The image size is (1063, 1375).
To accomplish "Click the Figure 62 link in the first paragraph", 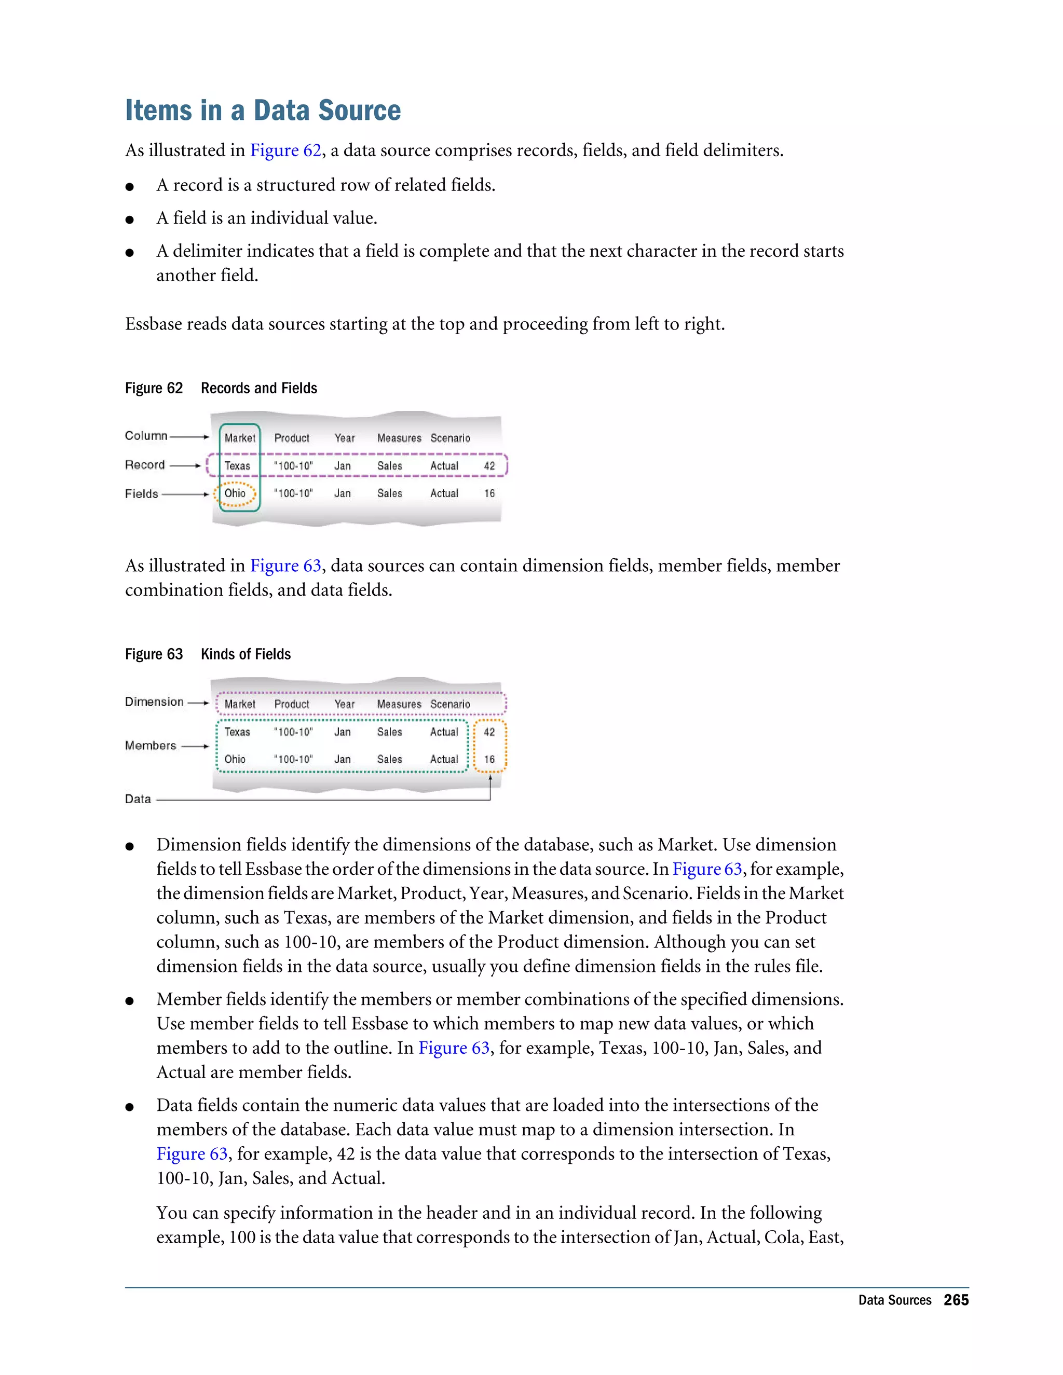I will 285,150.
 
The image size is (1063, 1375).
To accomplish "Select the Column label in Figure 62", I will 146,436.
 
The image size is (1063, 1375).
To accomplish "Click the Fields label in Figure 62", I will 142,493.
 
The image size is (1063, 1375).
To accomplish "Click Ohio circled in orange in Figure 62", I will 235,493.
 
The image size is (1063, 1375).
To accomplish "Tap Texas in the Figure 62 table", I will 237,466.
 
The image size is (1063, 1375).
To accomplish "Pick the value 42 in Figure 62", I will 489,466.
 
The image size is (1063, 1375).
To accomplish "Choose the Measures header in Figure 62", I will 399,438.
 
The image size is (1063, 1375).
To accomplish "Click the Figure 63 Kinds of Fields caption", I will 208,654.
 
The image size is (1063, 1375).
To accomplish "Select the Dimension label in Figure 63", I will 154,702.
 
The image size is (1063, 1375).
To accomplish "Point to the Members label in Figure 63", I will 151,746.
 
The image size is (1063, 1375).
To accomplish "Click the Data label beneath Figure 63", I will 138,799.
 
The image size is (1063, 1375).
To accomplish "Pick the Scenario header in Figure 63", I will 449,705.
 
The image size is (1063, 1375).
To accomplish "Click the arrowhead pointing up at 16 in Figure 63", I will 490,778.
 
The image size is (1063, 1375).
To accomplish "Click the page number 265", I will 956,1300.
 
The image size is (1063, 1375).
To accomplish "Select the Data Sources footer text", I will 894,1300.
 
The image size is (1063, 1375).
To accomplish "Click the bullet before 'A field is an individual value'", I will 130,219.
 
